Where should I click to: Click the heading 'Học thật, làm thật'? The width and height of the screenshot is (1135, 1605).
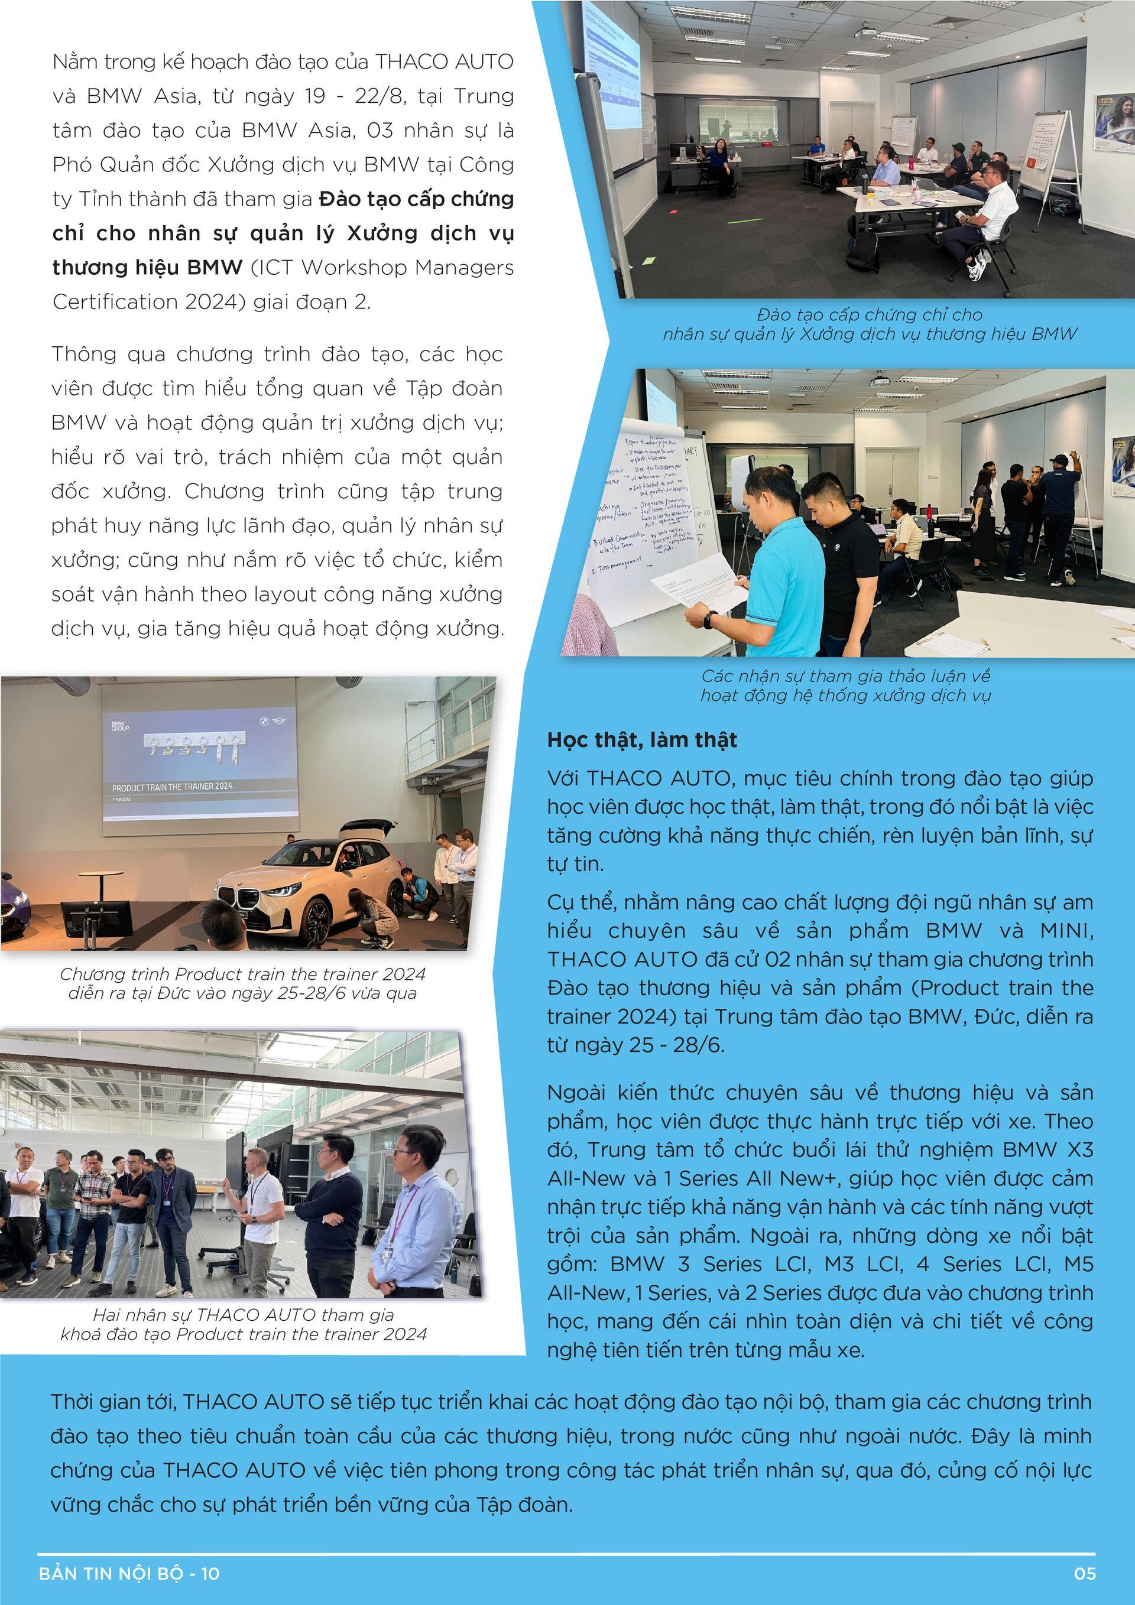[x=641, y=740]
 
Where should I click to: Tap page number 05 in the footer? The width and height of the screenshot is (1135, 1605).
[x=1085, y=1574]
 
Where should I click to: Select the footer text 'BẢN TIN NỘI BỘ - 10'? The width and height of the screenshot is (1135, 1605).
[x=129, y=1574]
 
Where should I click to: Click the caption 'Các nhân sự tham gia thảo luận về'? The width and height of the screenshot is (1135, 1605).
[x=845, y=676]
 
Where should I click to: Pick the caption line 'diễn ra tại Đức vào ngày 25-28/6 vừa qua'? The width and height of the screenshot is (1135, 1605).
[x=242, y=993]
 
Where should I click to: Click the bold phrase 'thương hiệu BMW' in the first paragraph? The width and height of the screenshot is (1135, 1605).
[x=147, y=268]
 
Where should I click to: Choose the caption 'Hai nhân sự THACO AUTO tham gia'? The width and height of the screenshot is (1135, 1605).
[x=244, y=1315]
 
